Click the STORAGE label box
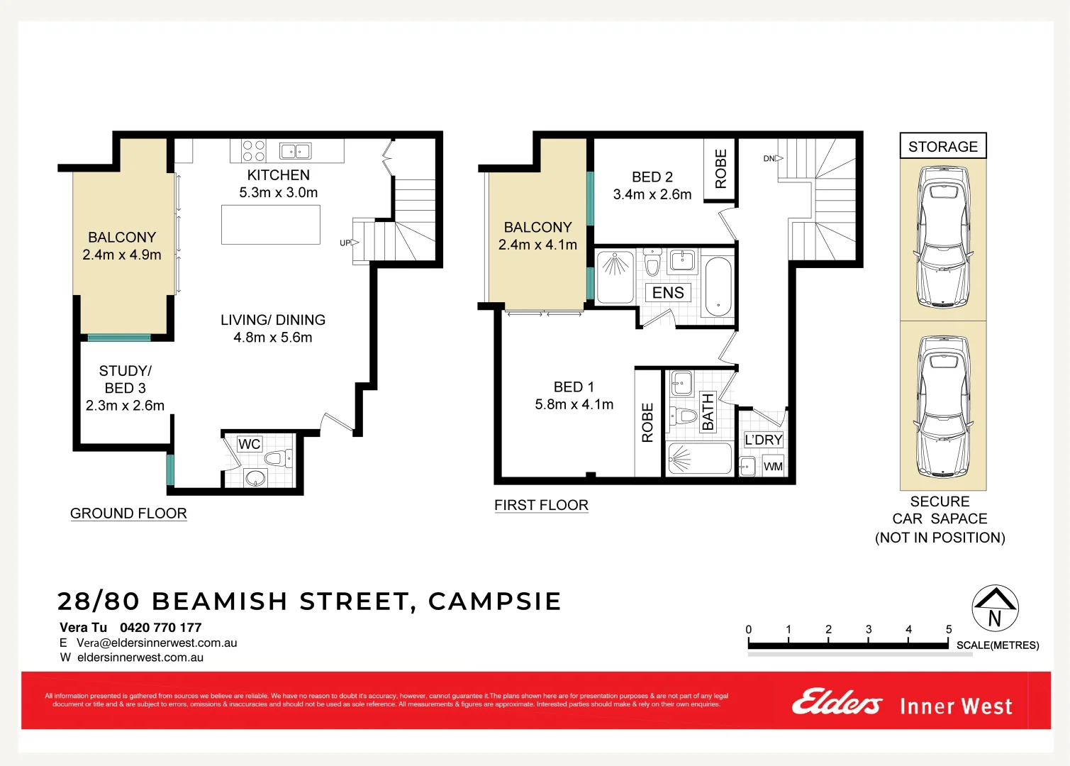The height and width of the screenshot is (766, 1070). coord(942,146)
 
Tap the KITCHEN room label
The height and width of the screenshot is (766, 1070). coord(278,175)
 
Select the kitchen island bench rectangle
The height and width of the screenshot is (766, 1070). coord(270,224)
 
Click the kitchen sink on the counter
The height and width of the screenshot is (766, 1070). coord(296,150)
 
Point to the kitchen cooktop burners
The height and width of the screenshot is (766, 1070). coord(253,150)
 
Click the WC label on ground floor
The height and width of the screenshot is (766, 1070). coord(249,444)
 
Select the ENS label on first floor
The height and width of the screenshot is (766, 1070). coord(668,293)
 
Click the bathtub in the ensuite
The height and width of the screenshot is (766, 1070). coord(718,287)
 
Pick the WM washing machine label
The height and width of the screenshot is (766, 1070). coord(773,466)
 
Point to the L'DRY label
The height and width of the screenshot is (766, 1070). coord(763,440)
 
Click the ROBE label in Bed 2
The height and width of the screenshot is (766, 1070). coord(721,169)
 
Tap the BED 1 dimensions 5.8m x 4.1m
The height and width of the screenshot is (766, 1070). coord(574,404)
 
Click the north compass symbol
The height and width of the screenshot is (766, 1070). coord(995,609)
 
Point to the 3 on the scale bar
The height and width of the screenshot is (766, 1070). coord(868,629)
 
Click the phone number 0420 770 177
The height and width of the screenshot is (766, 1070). coord(160,627)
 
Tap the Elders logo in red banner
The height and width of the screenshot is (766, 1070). coord(837,703)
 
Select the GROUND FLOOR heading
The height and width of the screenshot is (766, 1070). coord(128,513)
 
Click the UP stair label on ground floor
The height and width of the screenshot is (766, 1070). coord(345,243)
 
